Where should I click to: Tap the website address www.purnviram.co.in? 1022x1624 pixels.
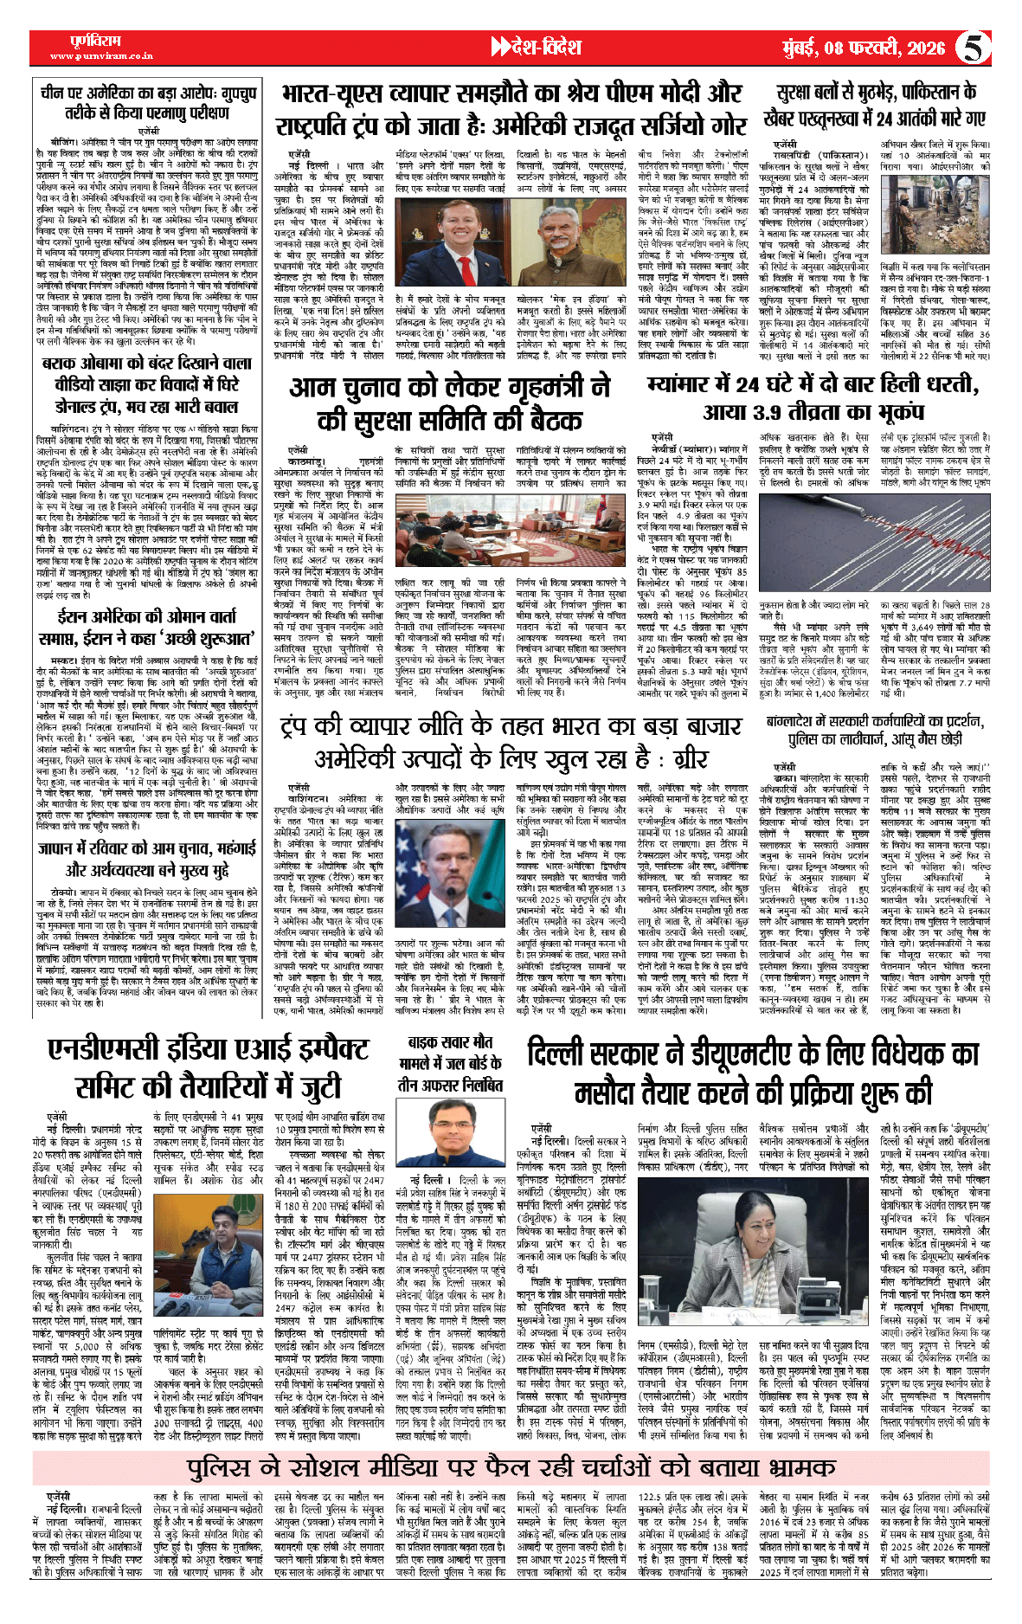(102, 56)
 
